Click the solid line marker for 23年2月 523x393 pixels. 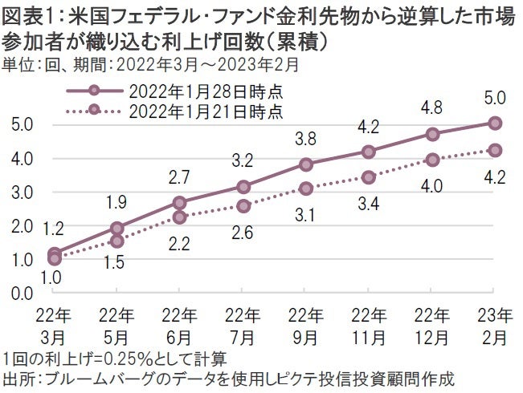click(495, 123)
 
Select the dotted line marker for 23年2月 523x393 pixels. click(495, 150)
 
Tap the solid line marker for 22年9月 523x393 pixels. click(306, 164)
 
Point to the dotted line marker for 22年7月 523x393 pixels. click(243, 206)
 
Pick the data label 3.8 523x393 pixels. click(306, 138)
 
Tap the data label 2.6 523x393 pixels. click(243, 233)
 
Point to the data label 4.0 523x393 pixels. click(432, 186)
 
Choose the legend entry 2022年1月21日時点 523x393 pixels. click(204, 110)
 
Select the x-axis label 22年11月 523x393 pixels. click(369, 323)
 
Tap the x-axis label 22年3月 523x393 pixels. click(54, 323)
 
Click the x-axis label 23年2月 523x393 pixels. click(495, 323)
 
